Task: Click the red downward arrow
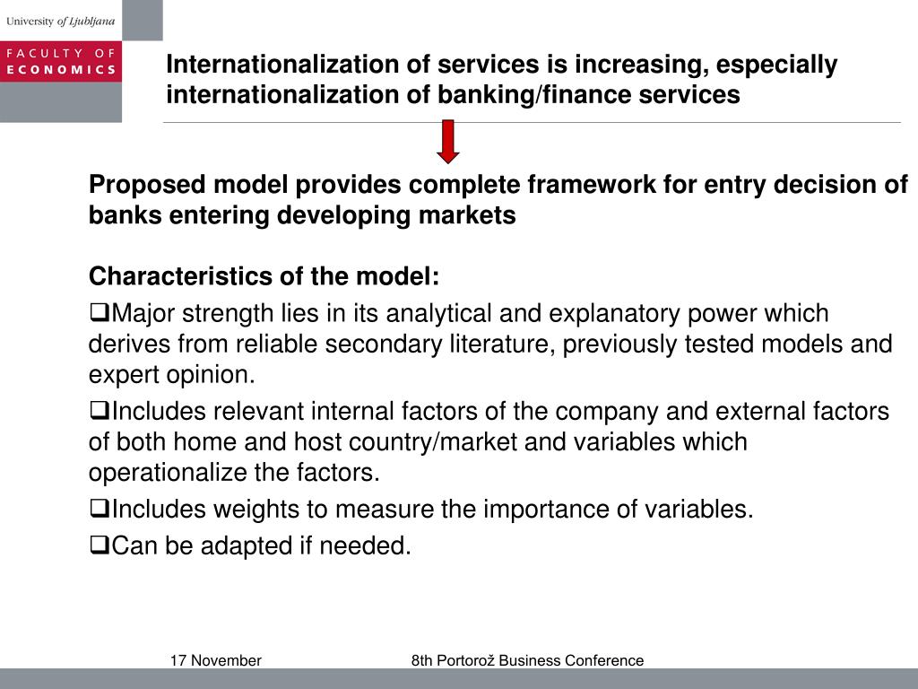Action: tap(449, 142)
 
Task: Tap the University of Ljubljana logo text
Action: tap(60, 20)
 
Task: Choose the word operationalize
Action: tap(168, 472)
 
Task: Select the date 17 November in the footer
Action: tap(215, 661)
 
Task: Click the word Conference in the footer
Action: tap(610, 661)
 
